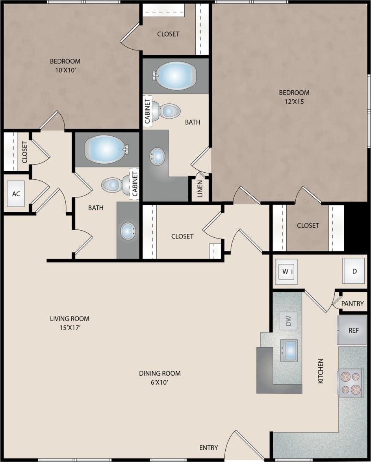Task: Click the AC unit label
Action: coord(16,194)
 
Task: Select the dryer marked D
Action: coord(354,271)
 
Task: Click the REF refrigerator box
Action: coord(353,330)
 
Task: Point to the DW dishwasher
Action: coord(288,321)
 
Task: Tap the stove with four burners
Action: coord(351,383)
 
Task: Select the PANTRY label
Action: coord(352,304)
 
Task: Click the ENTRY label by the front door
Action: coord(208,447)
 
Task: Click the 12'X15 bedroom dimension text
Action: coord(294,101)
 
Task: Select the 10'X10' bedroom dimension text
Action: coord(65,70)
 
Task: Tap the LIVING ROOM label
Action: coord(69,319)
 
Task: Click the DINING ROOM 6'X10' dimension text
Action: coord(160,382)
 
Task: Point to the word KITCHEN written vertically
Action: coord(321,371)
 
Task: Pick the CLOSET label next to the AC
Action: coord(24,152)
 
